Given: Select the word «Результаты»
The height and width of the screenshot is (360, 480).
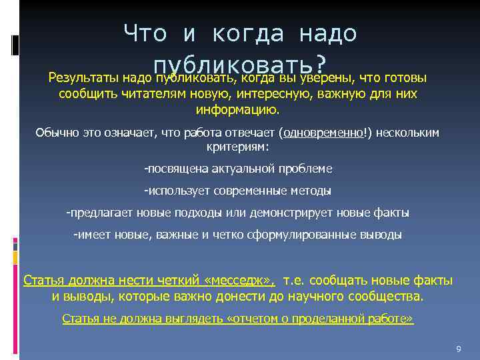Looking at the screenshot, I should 85,78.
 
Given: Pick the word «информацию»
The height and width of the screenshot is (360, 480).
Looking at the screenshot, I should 237,109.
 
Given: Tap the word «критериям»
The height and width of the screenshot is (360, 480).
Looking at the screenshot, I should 237,146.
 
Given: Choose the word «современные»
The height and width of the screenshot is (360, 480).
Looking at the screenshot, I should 251,191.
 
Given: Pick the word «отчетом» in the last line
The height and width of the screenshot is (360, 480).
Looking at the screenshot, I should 251,319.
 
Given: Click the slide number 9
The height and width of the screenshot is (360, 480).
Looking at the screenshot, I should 458,349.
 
